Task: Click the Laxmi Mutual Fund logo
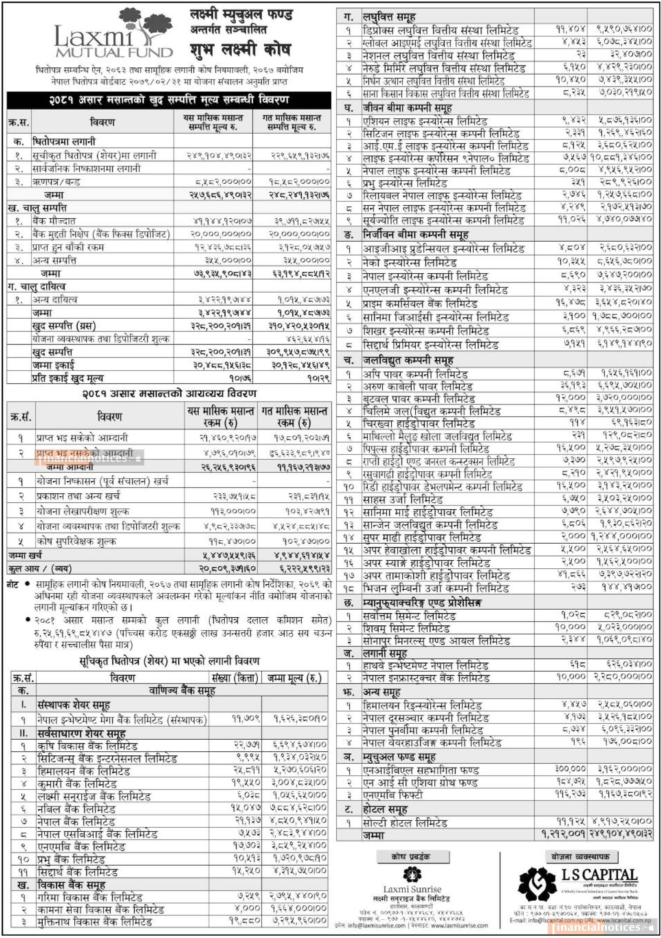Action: pos(113,35)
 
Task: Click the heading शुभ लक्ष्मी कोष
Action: pos(240,50)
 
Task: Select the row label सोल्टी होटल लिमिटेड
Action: pos(405,822)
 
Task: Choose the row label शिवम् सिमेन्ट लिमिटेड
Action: pos(406,628)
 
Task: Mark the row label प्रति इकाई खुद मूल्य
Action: pos(68,378)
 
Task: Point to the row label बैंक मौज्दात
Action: pos(54,221)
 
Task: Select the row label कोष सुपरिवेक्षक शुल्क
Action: pos(76,541)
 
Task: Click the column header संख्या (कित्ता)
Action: pos(235,678)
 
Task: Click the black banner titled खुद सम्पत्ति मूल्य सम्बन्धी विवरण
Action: pos(169,100)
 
